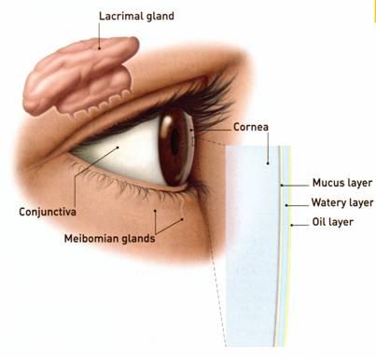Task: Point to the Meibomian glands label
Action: (108, 238)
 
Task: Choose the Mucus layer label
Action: (342, 184)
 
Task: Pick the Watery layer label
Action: (342, 202)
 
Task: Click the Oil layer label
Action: (334, 223)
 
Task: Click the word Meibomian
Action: (91, 238)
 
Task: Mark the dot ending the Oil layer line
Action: (293, 224)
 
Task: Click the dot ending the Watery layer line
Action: (287, 203)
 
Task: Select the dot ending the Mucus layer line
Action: (283, 184)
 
